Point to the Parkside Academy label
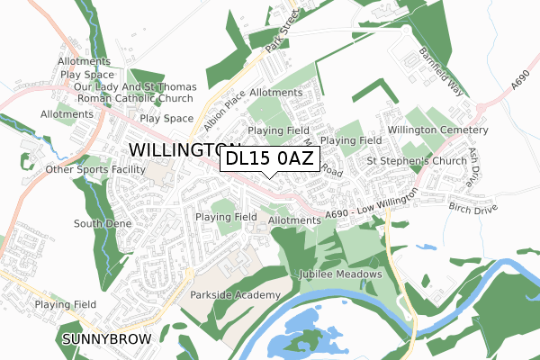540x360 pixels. pos(229,293)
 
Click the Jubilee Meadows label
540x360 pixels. pos(343,274)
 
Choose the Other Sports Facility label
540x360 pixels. pos(95,168)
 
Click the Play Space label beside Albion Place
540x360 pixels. pos(166,118)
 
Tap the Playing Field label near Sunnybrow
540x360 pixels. pos(66,305)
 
